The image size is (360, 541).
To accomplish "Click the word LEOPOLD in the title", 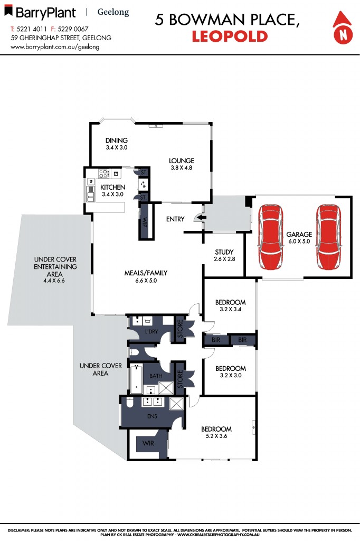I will point(229,36).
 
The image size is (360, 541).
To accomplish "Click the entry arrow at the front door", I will point(198,218).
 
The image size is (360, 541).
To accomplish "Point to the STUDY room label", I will point(224,252).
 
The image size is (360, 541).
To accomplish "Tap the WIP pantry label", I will point(145,222).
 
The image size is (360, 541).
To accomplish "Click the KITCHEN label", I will point(113,188).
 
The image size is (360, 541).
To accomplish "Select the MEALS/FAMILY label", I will point(146,273).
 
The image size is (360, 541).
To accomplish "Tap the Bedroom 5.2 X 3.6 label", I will point(216,436).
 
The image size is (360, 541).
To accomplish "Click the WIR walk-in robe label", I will point(148,443).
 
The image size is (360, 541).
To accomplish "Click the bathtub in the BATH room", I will point(136,379).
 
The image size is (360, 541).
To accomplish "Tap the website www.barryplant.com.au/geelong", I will point(55,46).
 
